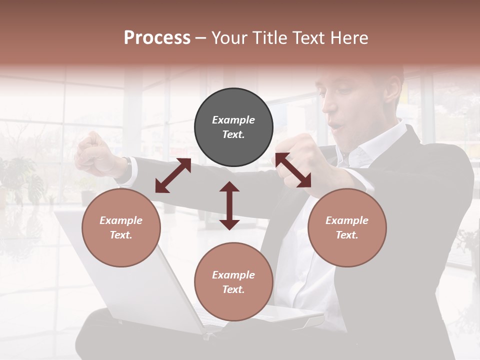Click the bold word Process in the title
(157, 38)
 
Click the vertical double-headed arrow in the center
(229, 205)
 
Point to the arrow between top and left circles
(173, 175)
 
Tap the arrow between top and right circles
(293, 170)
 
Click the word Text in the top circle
(233, 134)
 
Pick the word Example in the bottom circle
(233, 275)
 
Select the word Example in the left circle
(121, 220)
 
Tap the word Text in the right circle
(346, 235)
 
